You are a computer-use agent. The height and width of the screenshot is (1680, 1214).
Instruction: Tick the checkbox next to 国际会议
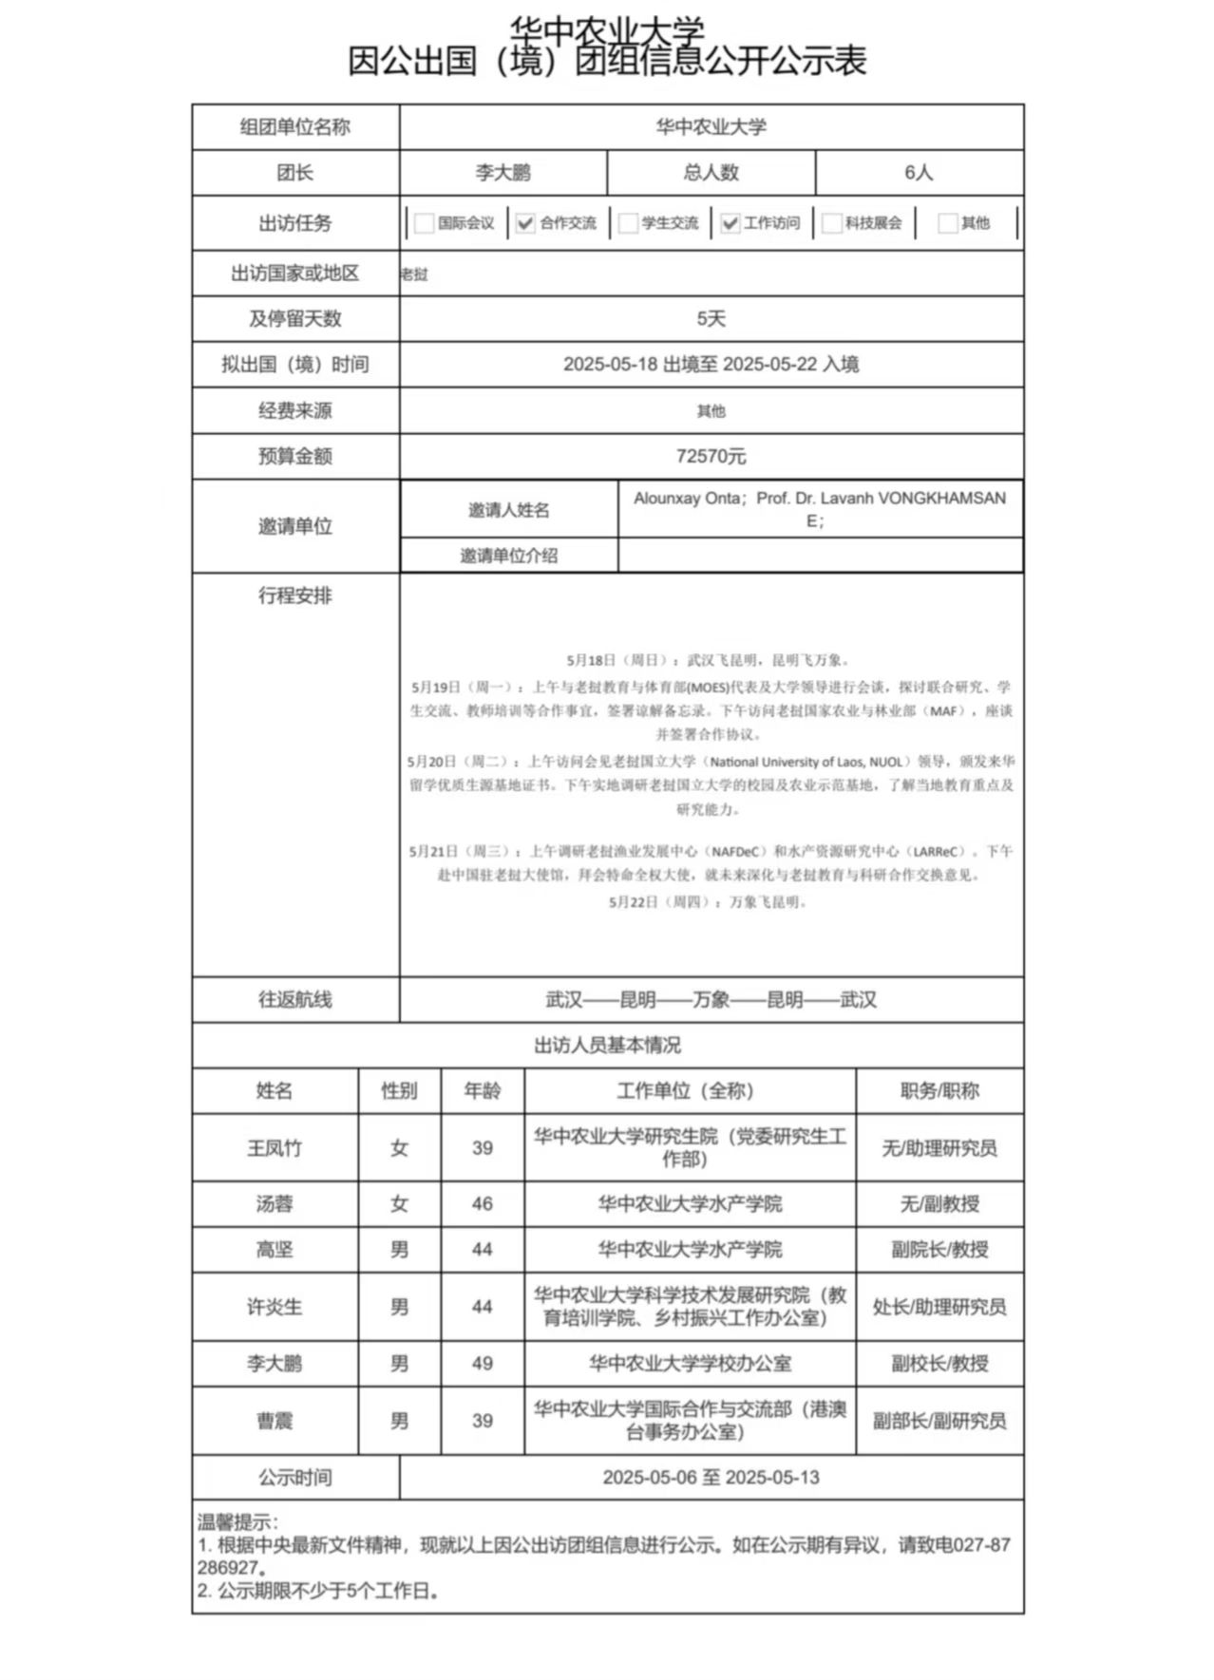pos(425,223)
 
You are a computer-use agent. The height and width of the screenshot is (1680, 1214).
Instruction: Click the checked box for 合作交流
pos(525,223)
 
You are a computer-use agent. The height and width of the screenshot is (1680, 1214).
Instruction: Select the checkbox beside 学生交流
pos(628,223)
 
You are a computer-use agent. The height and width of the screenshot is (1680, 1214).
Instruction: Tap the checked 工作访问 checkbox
pos(730,223)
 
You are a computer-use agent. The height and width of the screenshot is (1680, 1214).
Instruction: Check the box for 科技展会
pos(832,223)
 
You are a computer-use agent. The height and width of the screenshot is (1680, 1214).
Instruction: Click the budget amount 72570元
pos(711,457)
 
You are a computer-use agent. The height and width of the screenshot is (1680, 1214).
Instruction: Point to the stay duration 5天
pos(711,319)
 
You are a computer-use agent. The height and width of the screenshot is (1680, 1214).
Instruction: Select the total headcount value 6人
pos(919,173)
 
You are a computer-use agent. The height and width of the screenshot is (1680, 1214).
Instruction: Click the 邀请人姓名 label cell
pos(509,511)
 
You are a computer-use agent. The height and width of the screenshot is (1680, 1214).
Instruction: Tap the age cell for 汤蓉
pos(483,1204)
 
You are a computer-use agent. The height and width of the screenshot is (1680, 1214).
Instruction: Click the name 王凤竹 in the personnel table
pos(275,1148)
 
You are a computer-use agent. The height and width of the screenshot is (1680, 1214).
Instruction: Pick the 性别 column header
pos(399,1091)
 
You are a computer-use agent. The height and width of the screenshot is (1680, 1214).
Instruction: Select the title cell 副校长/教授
pos(939,1364)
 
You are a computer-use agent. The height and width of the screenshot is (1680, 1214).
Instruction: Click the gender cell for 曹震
pos(399,1421)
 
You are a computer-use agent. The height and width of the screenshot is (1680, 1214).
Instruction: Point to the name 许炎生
pos(275,1307)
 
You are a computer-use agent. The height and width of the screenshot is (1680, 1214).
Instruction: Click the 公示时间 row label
pos(295,1478)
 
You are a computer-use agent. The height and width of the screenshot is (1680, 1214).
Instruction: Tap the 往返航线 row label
pos(295,1000)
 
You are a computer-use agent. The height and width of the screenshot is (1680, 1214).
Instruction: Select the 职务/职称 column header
pos(939,1091)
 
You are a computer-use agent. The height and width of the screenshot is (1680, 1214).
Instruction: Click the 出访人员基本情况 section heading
pos(607,1046)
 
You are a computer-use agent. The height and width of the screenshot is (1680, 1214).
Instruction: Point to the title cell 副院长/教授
pos(939,1250)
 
